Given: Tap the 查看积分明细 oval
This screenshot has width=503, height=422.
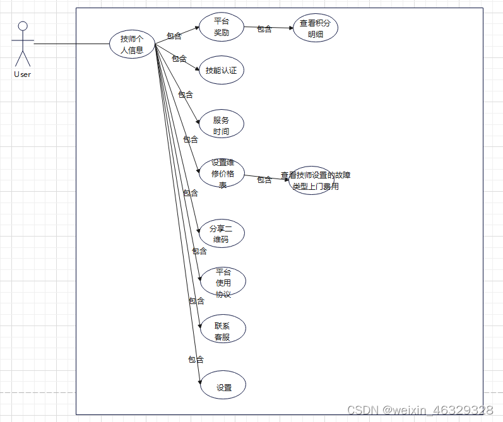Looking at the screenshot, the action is pyautogui.click(x=316, y=28).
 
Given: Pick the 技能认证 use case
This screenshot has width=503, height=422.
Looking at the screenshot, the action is pyautogui.click(x=221, y=71).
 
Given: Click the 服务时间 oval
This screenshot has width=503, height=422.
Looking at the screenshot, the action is pyautogui.click(x=221, y=126).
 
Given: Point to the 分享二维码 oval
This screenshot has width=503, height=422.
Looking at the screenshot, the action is pyautogui.click(x=221, y=233).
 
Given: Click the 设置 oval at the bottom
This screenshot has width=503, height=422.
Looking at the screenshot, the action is pyautogui.click(x=223, y=387).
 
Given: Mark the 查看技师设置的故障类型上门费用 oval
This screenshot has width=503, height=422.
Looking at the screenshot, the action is pyautogui.click(x=311, y=181).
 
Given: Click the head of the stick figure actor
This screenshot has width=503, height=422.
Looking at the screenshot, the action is pyautogui.click(x=23, y=26).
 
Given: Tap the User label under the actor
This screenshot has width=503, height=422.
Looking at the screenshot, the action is pyautogui.click(x=22, y=74).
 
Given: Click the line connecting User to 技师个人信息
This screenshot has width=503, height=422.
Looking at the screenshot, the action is pyautogui.click(x=69, y=44).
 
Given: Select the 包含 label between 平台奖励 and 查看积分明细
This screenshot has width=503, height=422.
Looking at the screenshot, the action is pyautogui.click(x=264, y=28).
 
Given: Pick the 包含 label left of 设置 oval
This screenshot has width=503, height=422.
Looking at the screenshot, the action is pyautogui.click(x=196, y=360).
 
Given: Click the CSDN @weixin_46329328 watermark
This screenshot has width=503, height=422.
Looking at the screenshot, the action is pyautogui.click(x=420, y=410).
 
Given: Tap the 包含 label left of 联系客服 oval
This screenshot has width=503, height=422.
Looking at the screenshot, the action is pyautogui.click(x=196, y=301).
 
